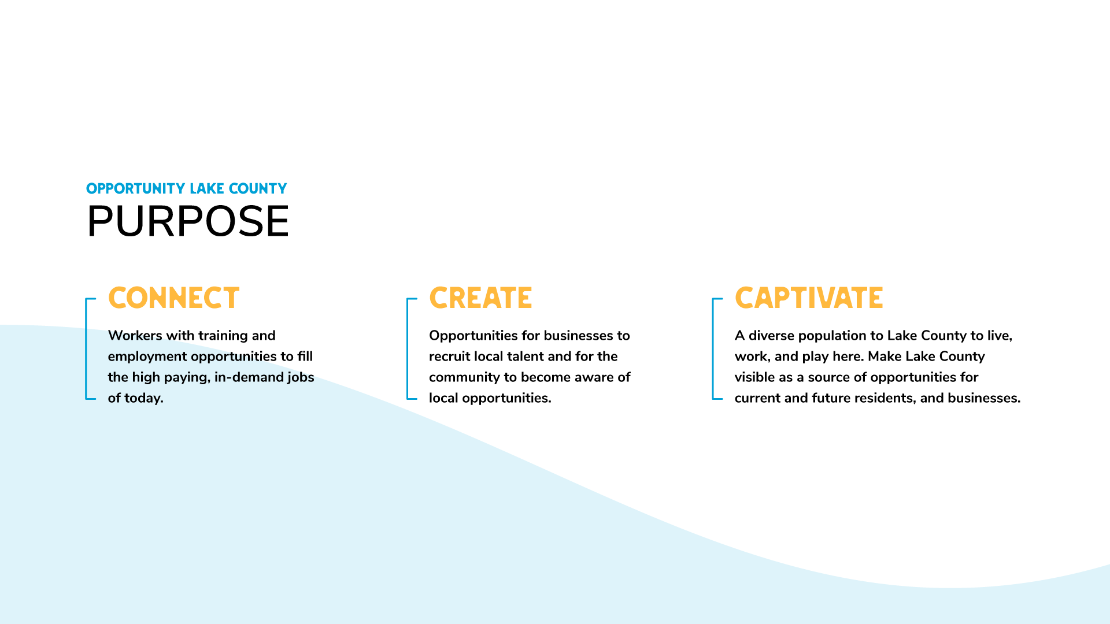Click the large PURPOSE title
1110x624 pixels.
[x=188, y=221]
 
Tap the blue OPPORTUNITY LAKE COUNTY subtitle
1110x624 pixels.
[x=186, y=188]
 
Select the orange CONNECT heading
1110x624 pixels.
[x=173, y=298]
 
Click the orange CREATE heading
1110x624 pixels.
[x=480, y=298]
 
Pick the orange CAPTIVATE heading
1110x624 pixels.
[x=809, y=298]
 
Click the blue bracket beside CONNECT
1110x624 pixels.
[x=86, y=348]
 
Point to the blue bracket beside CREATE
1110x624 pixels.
[x=408, y=348]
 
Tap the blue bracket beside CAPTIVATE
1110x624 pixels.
[x=713, y=348]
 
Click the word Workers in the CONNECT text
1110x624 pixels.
[x=135, y=335]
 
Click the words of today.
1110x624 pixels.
[x=136, y=398]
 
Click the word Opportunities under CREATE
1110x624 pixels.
[x=473, y=336]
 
